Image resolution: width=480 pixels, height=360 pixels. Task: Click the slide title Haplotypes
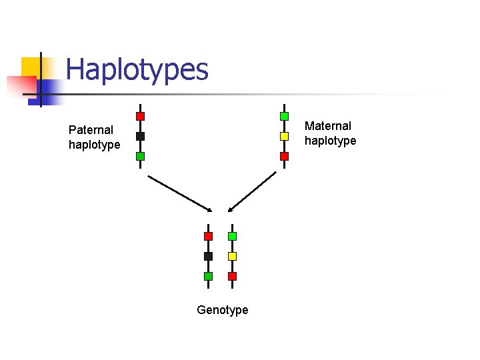click(x=137, y=69)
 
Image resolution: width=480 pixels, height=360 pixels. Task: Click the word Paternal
click(x=91, y=130)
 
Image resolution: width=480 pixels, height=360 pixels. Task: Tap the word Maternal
click(x=327, y=126)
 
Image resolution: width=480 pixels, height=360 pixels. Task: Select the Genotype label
click(x=223, y=310)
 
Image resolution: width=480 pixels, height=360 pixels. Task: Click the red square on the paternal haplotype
click(x=140, y=116)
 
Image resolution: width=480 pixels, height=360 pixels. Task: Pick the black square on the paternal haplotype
click(x=140, y=136)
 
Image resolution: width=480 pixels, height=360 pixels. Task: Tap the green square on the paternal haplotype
click(x=140, y=156)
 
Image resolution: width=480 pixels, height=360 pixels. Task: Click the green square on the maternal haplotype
click(x=284, y=116)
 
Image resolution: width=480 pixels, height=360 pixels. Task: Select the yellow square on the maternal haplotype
click(x=284, y=136)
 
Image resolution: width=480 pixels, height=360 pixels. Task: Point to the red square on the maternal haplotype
click(x=284, y=156)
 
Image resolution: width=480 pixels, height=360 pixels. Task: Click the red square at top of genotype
click(x=208, y=236)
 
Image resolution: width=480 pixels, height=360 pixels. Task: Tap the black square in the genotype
click(x=208, y=256)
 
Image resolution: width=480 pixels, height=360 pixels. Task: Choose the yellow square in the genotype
click(x=232, y=256)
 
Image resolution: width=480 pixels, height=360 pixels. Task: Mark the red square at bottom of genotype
click(x=232, y=276)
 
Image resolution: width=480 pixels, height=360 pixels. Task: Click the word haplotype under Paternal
click(x=94, y=145)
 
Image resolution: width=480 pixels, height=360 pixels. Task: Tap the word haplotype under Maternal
click(x=330, y=141)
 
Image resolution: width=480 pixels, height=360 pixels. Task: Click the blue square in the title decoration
click(x=49, y=89)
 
